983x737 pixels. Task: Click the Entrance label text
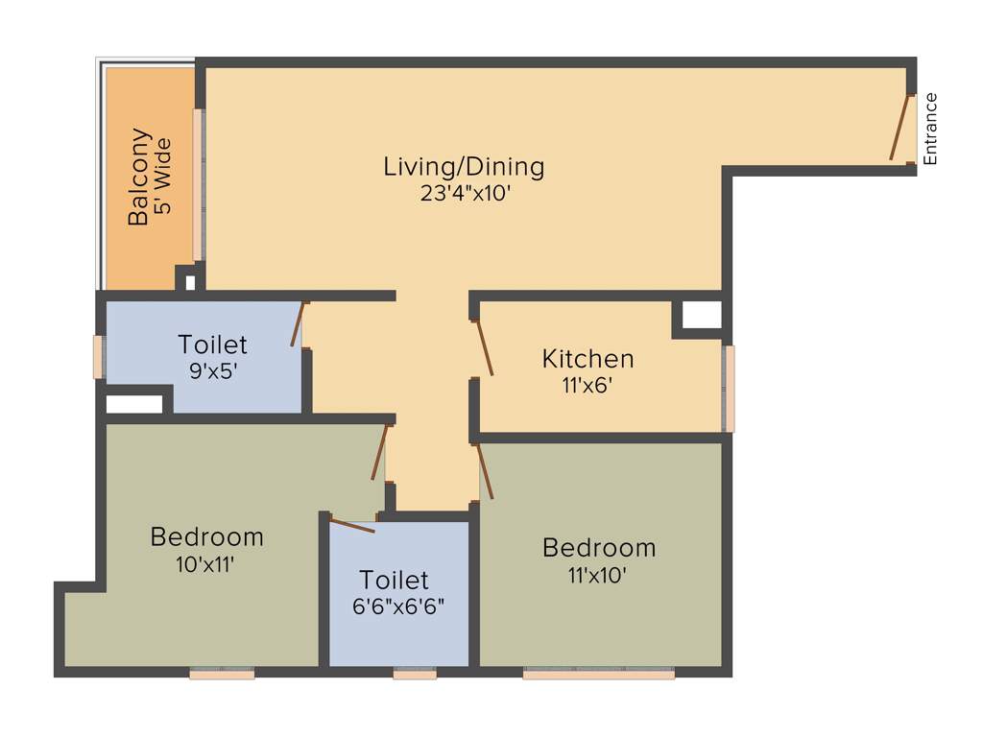pos(929,130)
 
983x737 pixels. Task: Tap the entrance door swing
pos(899,128)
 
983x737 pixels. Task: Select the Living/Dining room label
pos(464,166)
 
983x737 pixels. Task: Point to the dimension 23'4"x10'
pos(464,192)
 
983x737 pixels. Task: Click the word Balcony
pos(139,177)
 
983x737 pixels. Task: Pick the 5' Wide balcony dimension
pos(162,177)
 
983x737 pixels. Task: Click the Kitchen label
pos(587,359)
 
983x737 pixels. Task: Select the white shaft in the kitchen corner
pos(701,315)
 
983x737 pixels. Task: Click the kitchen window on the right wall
pos(730,389)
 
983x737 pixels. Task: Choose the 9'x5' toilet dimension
pos(213,370)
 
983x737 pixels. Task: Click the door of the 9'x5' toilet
pos(299,324)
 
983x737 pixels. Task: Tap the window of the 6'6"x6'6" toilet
pos(415,674)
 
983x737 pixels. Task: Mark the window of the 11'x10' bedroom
pos(598,674)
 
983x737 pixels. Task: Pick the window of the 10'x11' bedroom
pos(222,674)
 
